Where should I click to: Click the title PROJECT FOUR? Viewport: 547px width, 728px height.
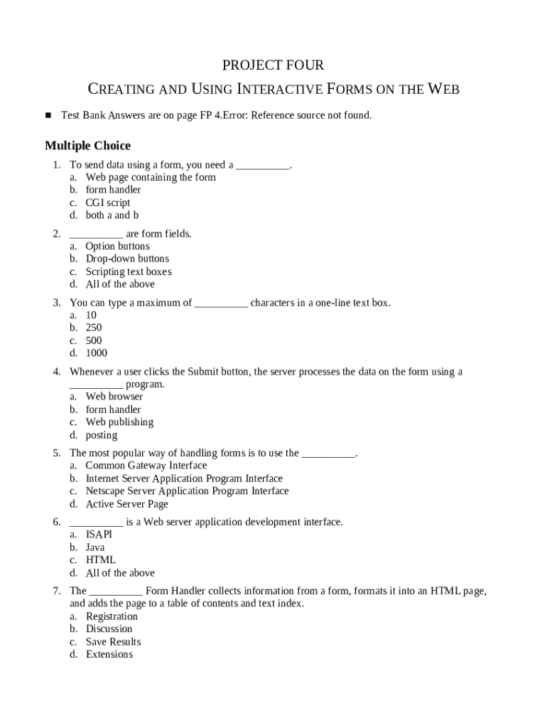pyautogui.click(x=273, y=65)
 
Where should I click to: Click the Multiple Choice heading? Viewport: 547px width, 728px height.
pyautogui.click(x=87, y=146)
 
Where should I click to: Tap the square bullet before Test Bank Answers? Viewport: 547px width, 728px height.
pyautogui.click(x=49, y=114)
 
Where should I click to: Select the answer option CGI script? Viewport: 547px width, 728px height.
pyautogui.click(x=108, y=203)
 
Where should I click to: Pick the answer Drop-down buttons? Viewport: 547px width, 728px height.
pyautogui.click(x=127, y=259)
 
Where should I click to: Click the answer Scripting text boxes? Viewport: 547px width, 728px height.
pyautogui.click(x=129, y=272)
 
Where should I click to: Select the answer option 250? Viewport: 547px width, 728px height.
pyautogui.click(x=94, y=328)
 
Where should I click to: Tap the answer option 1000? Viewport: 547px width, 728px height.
pyautogui.click(x=97, y=353)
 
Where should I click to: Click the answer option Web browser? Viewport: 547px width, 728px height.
pyautogui.click(x=114, y=397)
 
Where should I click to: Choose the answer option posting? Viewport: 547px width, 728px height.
pyautogui.click(x=102, y=435)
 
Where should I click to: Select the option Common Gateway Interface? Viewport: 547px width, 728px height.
pyautogui.click(x=146, y=466)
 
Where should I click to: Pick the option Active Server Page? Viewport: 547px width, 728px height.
pyautogui.click(x=127, y=504)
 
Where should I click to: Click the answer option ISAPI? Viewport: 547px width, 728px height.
pyautogui.click(x=99, y=535)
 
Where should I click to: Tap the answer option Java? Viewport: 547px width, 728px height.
pyautogui.click(x=95, y=547)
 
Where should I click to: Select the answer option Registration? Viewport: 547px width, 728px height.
pyautogui.click(x=112, y=616)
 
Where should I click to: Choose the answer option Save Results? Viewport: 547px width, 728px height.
pyautogui.click(x=114, y=642)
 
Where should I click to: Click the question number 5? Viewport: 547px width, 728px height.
pyautogui.click(x=56, y=453)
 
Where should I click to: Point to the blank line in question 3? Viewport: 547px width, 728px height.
pyautogui.click(x=221, y=304)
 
